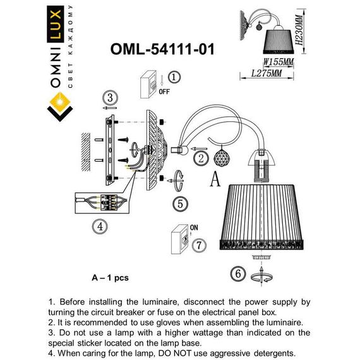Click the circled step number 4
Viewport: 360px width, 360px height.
pos(99,225)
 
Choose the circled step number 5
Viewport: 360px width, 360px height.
pos(180,203)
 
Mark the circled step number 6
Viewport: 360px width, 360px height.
pos(237,273)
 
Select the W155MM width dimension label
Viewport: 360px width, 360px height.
pos(279,63)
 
